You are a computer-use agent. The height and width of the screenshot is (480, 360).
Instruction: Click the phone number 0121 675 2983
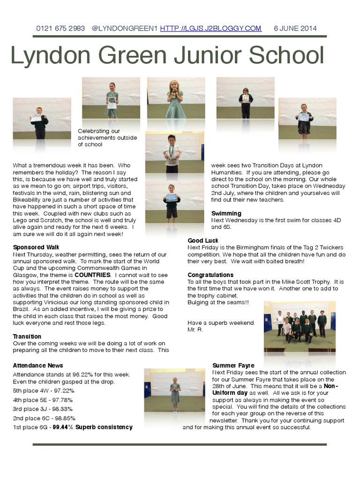click(60, 29)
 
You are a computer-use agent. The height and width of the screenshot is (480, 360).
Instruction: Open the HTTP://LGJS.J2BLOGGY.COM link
click(210, 29)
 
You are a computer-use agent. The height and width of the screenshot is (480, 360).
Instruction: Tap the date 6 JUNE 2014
click(295, 29)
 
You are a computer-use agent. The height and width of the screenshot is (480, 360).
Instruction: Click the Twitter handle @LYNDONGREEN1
click(125, 29)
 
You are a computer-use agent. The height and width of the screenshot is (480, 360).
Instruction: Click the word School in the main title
click(286, 55)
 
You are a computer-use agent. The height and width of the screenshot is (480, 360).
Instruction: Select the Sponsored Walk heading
click(36, 247)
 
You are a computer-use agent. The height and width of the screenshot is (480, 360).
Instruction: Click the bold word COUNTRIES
click(92, 275)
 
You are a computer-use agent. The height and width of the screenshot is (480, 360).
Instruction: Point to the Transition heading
click(27, 337)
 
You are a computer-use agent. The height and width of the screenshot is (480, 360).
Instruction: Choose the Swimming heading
click(226, 213)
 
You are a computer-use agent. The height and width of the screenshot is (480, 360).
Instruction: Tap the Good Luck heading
click(203, 240)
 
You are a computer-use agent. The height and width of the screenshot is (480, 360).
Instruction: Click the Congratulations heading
click(210, 275)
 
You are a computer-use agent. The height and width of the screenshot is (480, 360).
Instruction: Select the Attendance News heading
click(38, 366)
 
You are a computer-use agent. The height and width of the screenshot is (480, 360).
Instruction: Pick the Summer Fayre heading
click(233, 366)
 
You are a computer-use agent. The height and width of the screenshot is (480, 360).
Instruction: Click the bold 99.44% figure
click(63, 427)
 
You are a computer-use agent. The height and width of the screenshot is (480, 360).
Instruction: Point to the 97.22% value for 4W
click(63, 391)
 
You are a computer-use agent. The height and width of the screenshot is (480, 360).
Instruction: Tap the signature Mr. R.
click(195, 330)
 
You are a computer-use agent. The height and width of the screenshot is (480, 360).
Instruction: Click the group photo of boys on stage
click(300, 327)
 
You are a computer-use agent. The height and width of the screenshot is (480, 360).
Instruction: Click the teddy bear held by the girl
click(174, 93)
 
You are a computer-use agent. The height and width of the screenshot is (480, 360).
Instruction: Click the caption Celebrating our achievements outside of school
click(107, 138)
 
